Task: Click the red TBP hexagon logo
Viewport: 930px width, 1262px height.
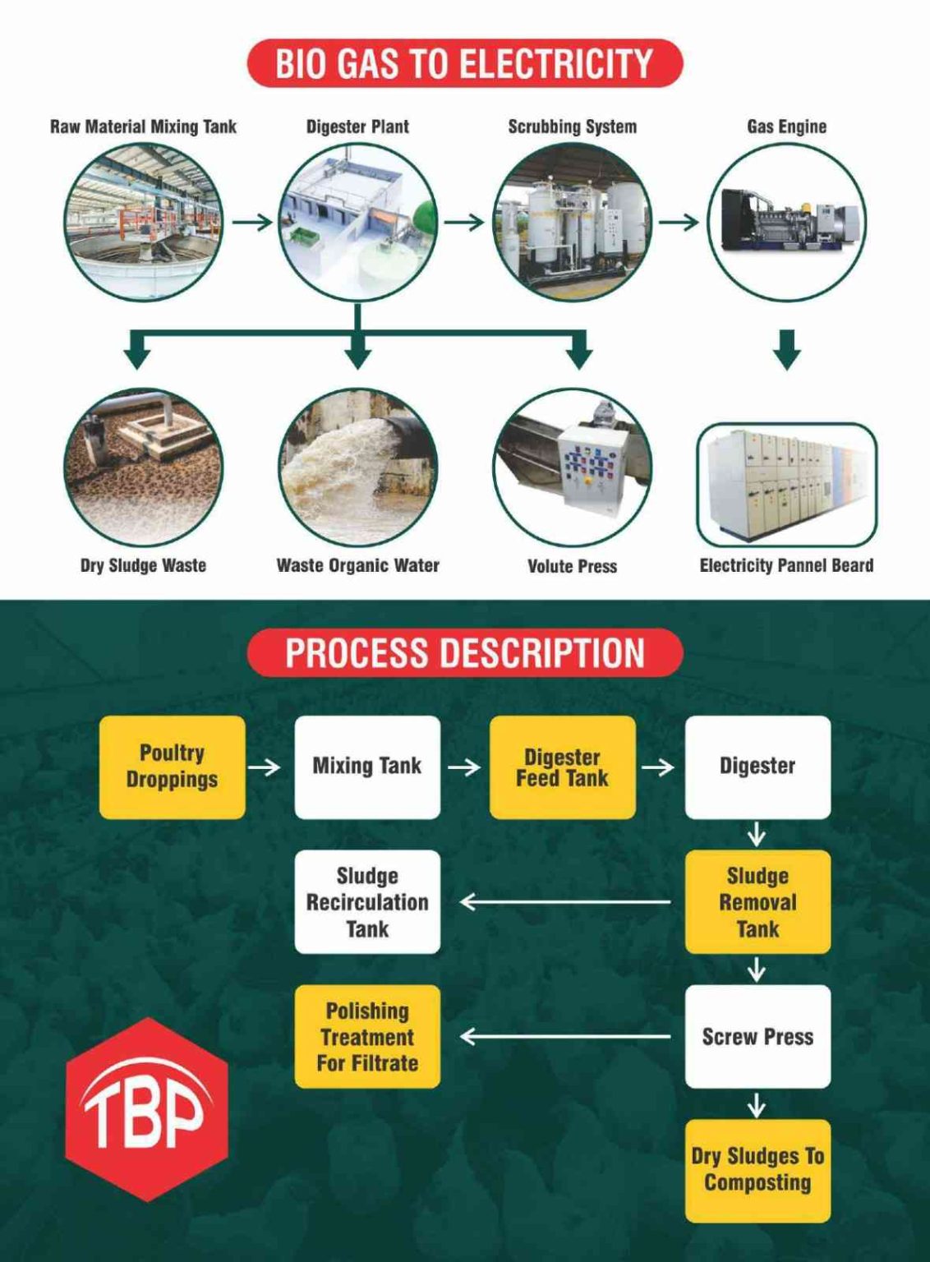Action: pyautogui.click(x=146, y=1109)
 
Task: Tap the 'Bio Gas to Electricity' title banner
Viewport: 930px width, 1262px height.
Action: pyautogui.click(x=464, y=63)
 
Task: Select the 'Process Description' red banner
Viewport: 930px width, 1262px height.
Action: pyautogui.click(x=464, y=652)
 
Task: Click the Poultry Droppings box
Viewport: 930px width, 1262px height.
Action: pyautogui.click(x=172, y=767)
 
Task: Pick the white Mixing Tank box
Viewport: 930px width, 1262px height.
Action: pyautogui.click(x=367, y=767)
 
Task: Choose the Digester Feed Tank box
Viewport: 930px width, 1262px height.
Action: pyautogui.click(x=562, y=767)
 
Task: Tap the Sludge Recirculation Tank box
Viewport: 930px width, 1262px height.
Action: pyautogui.click(x=367, y=901)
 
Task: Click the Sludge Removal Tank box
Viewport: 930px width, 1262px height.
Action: pyautogui.click(x=757, y=901)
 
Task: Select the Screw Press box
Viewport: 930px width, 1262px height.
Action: pyautogui.click(x=757, y=1036)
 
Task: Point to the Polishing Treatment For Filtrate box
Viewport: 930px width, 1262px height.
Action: pyautogui.click(x=367, y=1036)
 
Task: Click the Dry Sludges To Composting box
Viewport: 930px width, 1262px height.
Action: pyautogui.click(x=757, y=1170)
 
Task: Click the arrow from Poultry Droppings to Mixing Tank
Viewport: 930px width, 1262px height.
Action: pyautogui.click(x=264, y=767)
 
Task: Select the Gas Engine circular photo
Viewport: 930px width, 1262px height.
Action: pyautogui.click(x=786, y=222)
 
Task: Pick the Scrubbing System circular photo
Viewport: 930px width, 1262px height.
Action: pyautogui.click(x=572, y=222)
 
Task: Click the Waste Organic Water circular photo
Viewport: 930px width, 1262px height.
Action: pyautogui.click(x=357, y=467)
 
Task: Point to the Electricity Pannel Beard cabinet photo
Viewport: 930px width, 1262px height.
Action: pyautogui.click(x=786, y=485)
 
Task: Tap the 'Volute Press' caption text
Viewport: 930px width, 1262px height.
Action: pyautogui.click(x=572, y=566)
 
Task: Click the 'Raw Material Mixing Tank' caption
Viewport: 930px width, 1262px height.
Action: pyautogui.click(x=143, y=127)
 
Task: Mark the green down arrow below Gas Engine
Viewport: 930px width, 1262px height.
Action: pyautogui.click(x=787, y=349)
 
